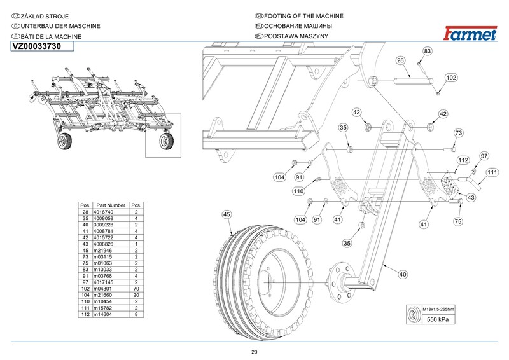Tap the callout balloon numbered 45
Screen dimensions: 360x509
tap(227, 214)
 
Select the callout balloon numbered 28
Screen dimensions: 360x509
tap(400, 60)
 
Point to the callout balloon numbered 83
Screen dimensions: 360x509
tap(428, 50)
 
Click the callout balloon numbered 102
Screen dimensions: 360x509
tap(450, 78)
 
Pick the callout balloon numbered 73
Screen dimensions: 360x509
tap(457, 133)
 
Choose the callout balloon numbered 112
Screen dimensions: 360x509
tap(463, 160)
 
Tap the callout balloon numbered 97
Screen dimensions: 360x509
tap(484, 156)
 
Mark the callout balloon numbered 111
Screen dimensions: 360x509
tap(492, 172)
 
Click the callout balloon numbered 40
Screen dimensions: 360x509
tap(402, 274)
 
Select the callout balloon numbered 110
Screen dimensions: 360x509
tap(298, 191)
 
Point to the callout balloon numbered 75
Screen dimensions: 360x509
tap(457, 222)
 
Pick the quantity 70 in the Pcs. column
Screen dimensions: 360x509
tap(136, 289)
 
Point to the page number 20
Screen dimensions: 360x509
tap(254, 352)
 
